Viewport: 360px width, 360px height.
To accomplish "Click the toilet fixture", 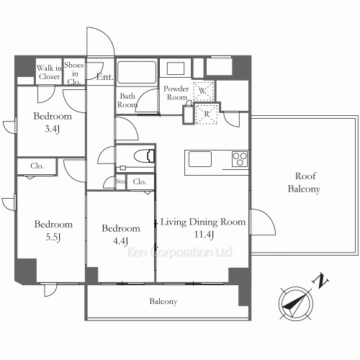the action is click(x=144, y=156).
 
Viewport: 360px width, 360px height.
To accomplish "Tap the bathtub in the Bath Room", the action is click(x=137, y=72).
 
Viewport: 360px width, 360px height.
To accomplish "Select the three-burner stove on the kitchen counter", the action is click(x=240, y=159).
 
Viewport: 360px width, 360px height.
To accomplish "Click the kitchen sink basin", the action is click(x=200, y=159).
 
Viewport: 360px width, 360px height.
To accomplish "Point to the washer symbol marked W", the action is click(x=203, y=91).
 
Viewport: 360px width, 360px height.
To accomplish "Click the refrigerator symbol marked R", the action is click(x=207, y=114).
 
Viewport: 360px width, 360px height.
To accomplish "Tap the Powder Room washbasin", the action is click(x=176, y=68).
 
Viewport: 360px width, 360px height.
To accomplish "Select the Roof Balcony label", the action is click(x=305, y=182).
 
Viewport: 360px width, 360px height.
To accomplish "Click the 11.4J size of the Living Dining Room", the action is click(x=204, y=235).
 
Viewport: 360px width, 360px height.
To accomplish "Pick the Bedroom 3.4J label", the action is click(x=53, y=122).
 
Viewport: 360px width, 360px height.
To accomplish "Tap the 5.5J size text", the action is click(x=53, y=238).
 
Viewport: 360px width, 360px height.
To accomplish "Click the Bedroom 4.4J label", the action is click(x=121, y=235).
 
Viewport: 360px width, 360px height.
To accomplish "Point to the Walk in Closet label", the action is click(x=49, y=72).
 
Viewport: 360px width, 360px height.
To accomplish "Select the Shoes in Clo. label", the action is click(x=74, y=73).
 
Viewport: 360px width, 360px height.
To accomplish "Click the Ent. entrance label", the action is click(x=104, y=77).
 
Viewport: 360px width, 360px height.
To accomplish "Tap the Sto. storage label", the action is click(x=120, y=181).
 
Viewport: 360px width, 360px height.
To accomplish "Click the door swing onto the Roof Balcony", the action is click(x=263, y=222).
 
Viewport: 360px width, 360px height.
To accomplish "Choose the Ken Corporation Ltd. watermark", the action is click(x=179, y=252).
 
